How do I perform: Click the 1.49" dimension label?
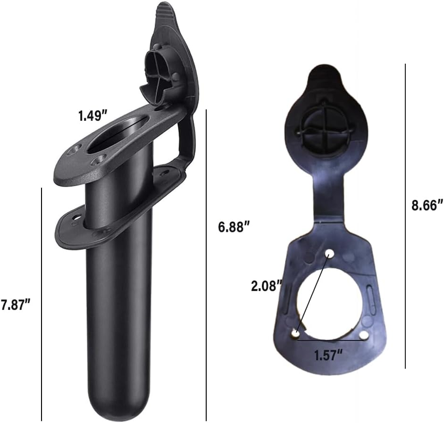tap(93, 116)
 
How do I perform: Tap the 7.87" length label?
tap(16, 304)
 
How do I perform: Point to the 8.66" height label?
tap(427, 205)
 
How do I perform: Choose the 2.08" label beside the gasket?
tap(267, 285)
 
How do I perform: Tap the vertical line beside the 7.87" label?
tap(42, 304)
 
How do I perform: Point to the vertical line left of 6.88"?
tap(207, 264)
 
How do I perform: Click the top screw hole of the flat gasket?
tap(330, 254)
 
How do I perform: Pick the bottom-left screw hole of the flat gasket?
tap(295, 334)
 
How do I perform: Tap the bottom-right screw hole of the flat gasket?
tap(364, 334)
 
